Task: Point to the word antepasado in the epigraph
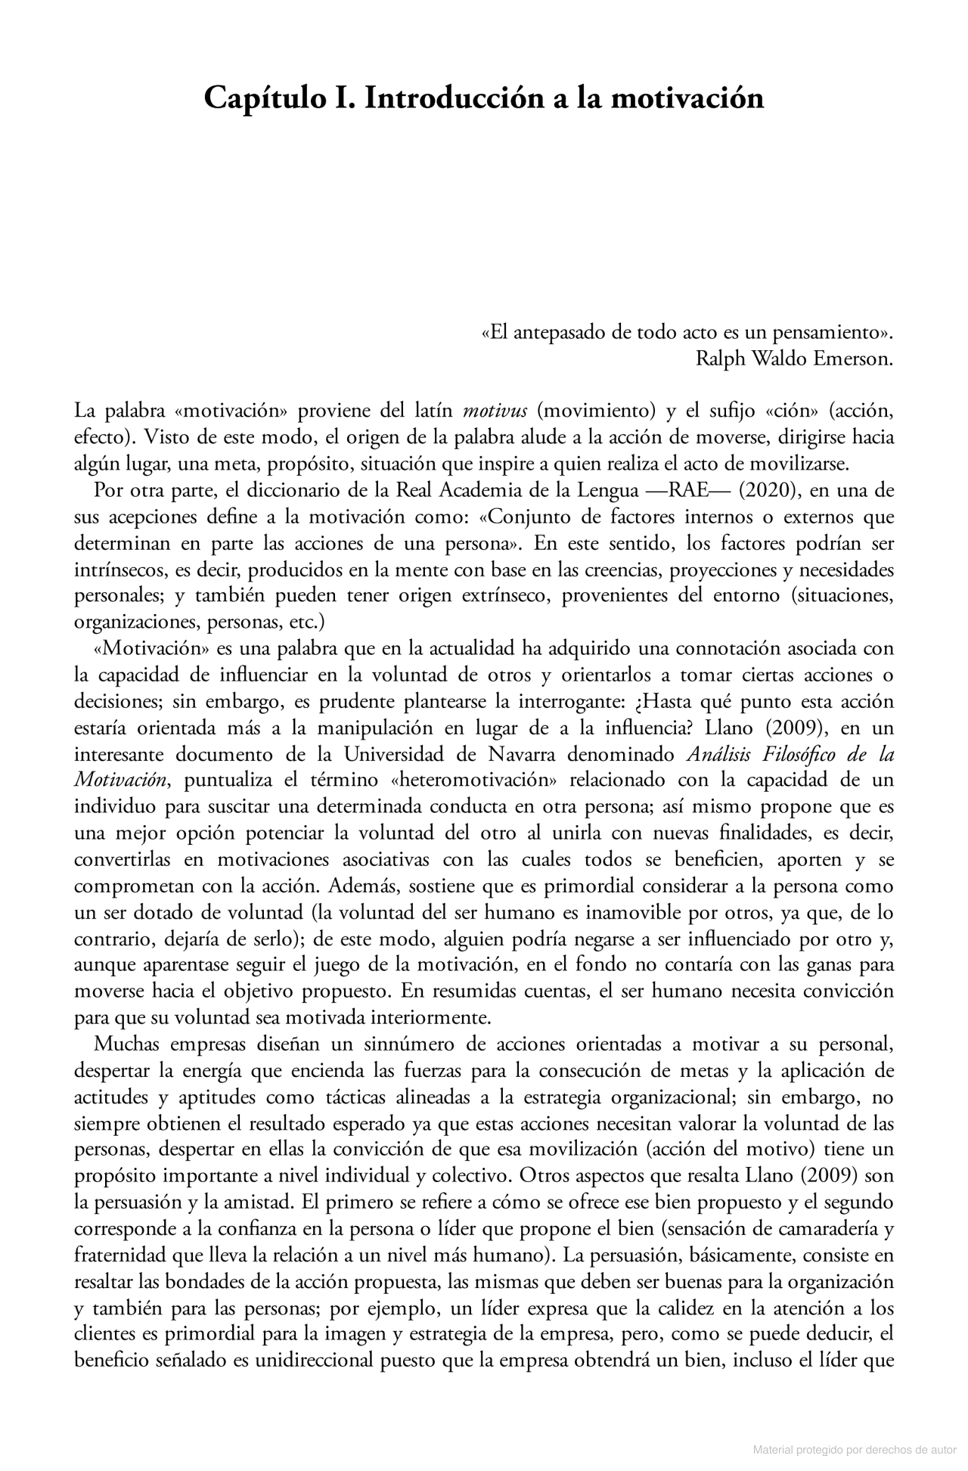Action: click(x=562, y=333)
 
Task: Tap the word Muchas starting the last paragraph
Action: click(x=126, y=1045)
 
